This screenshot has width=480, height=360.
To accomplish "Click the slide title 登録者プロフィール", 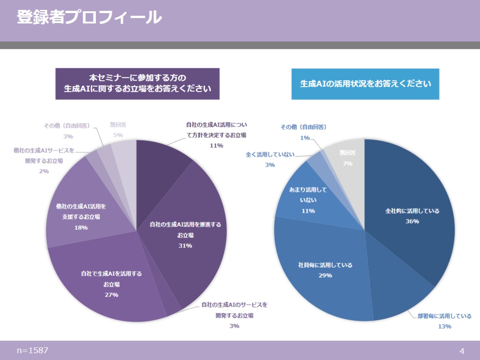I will (89, 18).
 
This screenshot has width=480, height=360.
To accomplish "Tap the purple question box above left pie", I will (137, 83).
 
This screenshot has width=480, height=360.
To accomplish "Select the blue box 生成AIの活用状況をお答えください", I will (365, 84).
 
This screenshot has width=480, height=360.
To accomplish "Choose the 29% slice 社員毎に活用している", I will (320, 270).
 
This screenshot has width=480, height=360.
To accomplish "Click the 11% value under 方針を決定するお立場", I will (217, 146).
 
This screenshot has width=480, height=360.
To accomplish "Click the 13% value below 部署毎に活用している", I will (444, 326).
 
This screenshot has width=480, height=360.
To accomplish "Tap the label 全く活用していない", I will (270, 155).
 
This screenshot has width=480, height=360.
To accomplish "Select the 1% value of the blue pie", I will (305, 138).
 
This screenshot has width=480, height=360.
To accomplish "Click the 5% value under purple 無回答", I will (118, 135).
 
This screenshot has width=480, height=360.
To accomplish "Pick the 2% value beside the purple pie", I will (44, 171).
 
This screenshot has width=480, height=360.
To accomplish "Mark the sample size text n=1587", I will (32, 350).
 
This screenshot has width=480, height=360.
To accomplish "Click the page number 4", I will (462, 351).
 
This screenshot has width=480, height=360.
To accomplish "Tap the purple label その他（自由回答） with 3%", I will (66, 126).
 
